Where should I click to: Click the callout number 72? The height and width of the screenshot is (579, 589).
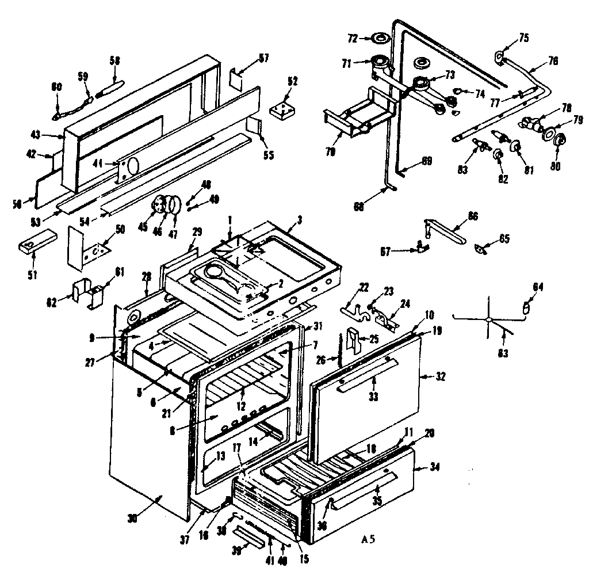point(352,38)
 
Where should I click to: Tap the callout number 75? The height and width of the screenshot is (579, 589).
point(524,38)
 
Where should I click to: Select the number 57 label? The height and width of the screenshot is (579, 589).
point(263,58)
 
